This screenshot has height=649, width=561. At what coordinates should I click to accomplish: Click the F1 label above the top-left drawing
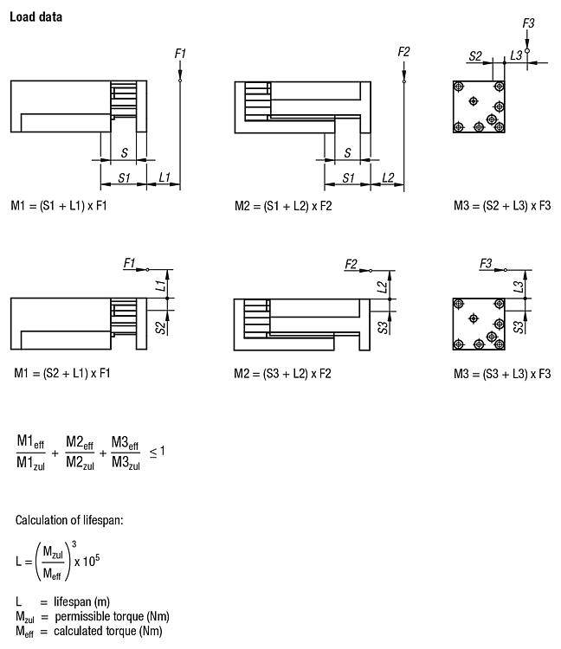coord(180,55)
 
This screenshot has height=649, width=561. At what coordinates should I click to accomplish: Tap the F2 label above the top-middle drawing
coord(403,52)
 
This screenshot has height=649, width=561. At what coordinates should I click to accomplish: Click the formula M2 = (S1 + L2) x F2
coord(283,206)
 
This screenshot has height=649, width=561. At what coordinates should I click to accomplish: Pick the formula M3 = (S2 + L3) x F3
coord(502,206)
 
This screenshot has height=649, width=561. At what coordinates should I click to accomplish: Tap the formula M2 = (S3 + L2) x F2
coord(283,374)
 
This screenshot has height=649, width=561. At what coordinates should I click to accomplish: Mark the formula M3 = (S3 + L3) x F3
coord(502,374)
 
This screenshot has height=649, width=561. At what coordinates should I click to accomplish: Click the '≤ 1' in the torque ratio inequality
coord(157,451)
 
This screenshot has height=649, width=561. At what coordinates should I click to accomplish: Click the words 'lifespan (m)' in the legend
coord(85,601)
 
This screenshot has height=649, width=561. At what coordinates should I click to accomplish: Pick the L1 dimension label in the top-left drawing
coord(164,178)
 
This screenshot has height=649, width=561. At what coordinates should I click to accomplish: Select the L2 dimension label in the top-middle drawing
coord(388,178)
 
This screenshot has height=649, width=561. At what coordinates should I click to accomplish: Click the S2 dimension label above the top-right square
coord(475,56)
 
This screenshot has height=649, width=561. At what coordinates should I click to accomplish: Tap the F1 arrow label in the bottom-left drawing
coord(130,262)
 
